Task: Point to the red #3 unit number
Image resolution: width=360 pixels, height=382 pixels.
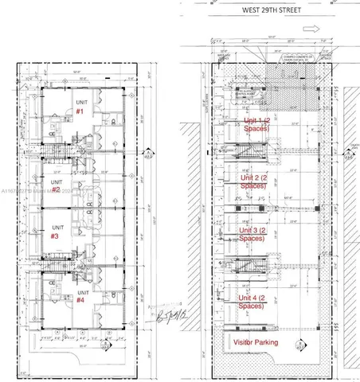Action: pos(54,236)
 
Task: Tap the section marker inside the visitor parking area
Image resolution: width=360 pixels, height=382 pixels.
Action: pos(298,345)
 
